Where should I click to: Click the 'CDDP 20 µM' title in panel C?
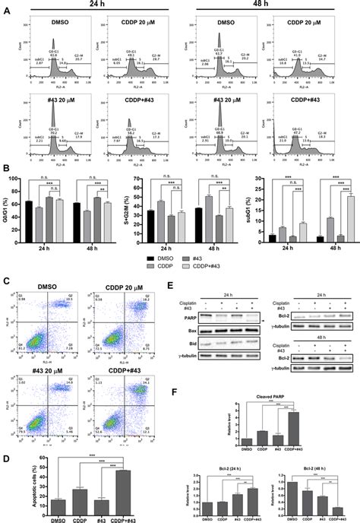pyautogui.click(x=118, y=282)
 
